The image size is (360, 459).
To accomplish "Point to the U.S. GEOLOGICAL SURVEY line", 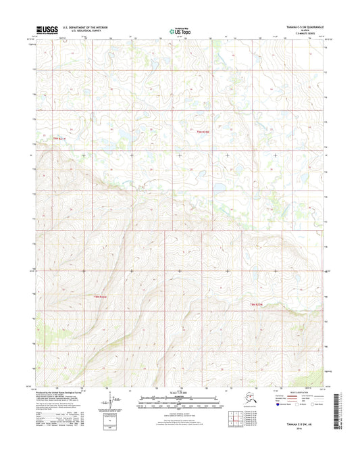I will point(84,32).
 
